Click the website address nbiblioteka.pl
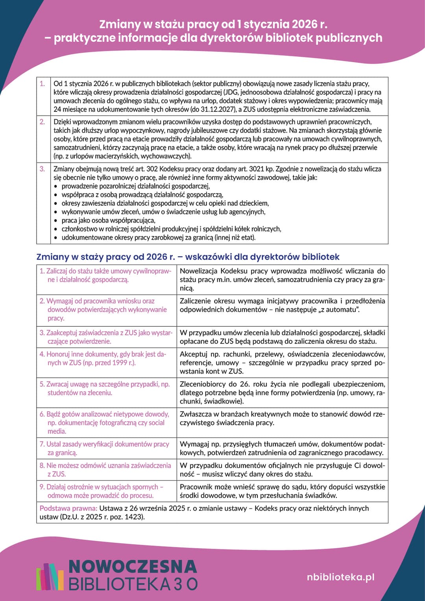[340, 577]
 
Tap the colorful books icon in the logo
[50, 577]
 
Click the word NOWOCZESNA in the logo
[133, 567]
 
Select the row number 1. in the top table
[42, 83]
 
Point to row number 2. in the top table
[42, 122]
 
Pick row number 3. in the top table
[42, 169]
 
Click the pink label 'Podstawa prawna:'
[68, 508]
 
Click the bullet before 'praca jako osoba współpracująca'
[56, 221]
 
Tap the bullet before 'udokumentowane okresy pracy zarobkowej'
[56, 238]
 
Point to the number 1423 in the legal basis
[135, 517]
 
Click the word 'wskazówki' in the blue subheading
[208, 257]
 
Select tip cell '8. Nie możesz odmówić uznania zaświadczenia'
[105, 470]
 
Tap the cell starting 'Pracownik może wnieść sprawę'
[282, 491]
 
